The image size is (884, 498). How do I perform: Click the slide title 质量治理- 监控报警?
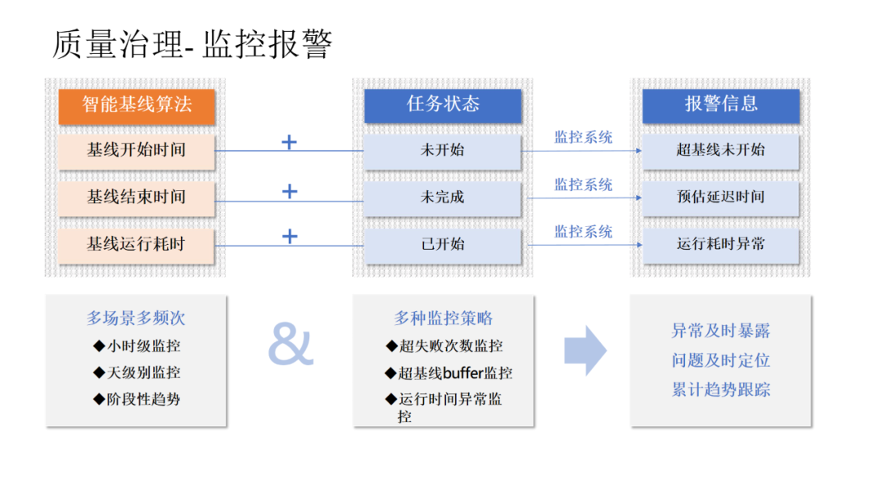192,44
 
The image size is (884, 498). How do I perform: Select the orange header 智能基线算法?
136,106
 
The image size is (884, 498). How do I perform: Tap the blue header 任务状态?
442,104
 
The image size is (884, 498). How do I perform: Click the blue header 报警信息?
720,104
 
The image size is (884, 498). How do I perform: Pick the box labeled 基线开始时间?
136,151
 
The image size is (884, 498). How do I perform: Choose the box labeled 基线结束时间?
136,197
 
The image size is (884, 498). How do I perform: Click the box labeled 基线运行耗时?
136,243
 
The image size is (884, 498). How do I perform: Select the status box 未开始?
442,151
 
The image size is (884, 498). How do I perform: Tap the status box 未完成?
442,197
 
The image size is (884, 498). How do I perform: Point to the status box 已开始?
442,244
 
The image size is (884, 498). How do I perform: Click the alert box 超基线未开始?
720,150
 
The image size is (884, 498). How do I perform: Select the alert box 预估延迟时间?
720,197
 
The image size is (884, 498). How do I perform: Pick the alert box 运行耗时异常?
720,244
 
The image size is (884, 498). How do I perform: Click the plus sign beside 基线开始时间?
289,143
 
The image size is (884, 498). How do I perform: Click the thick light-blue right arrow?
585,351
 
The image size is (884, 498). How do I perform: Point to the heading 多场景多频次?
136,318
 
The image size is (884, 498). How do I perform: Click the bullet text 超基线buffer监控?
449,373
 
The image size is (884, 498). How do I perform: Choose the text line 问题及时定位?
720,360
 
